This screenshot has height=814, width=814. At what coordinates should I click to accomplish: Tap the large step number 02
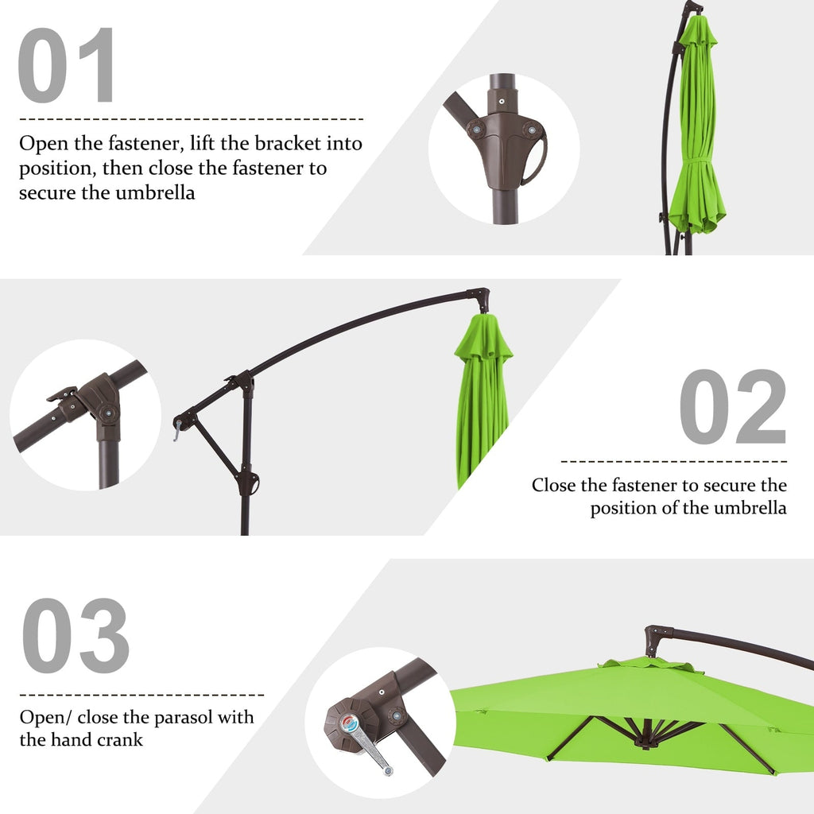(732, 407)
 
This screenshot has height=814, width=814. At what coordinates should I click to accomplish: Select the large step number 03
(75, 636)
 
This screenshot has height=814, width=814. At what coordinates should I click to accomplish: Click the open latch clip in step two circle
(62, 394)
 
